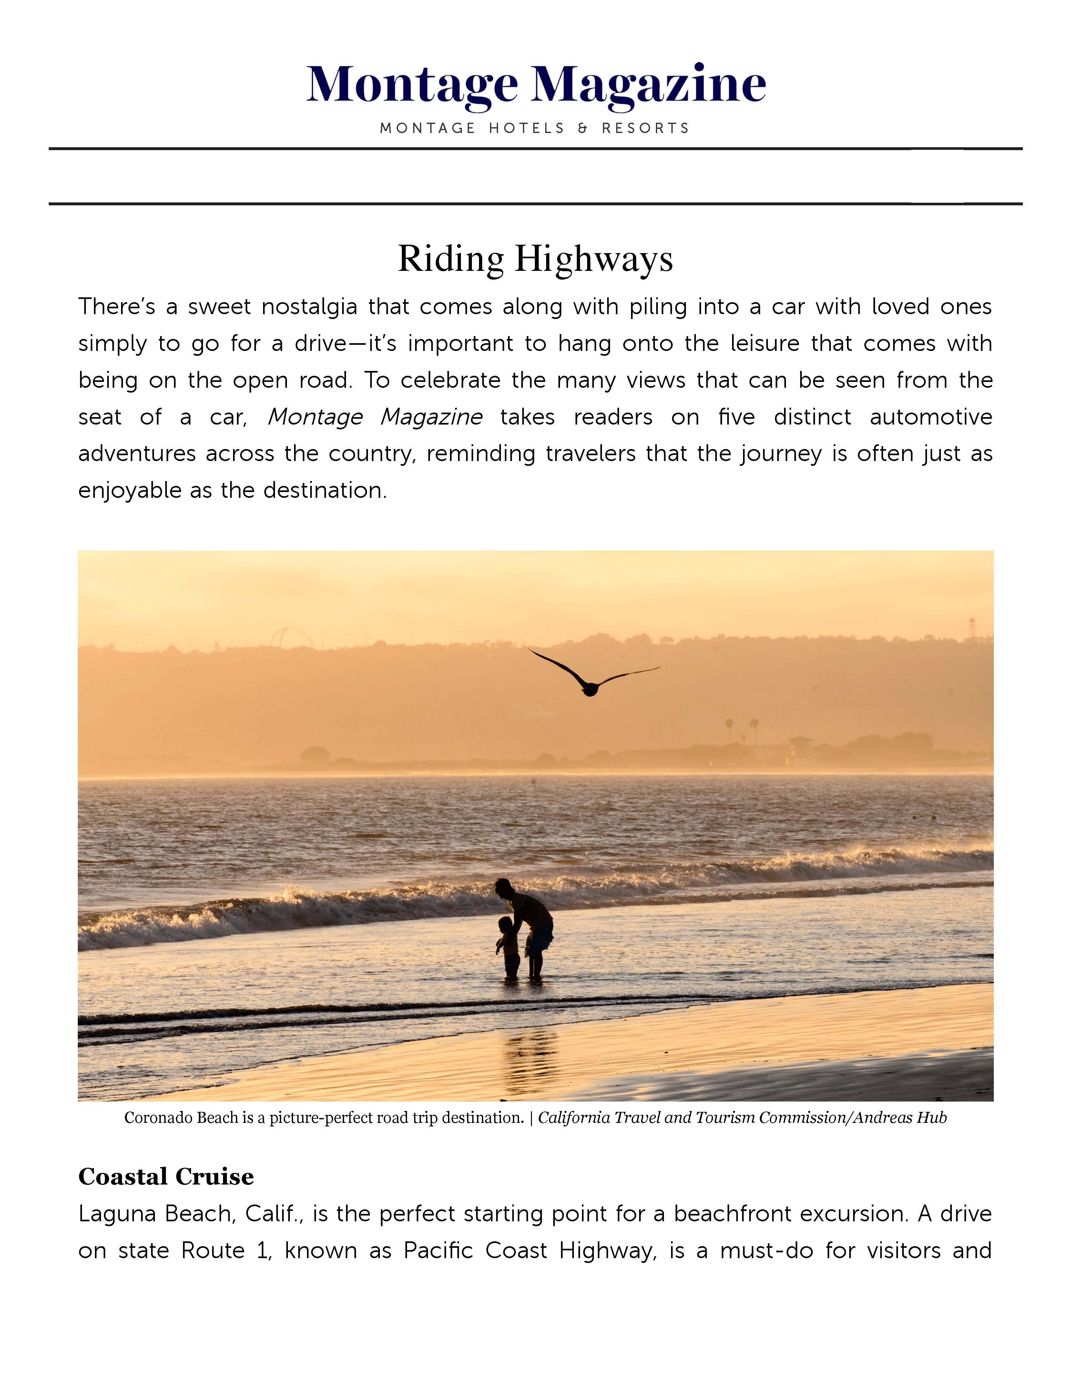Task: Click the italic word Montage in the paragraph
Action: tap(315, 417)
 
